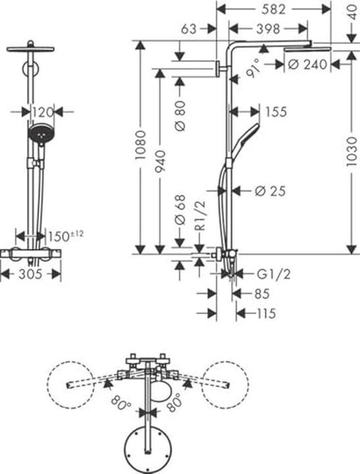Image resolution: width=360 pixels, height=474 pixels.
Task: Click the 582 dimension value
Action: click(273, 9)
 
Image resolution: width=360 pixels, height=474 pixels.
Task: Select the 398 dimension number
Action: click(268, 29)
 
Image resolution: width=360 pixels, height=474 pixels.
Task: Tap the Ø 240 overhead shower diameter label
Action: click(307, 65)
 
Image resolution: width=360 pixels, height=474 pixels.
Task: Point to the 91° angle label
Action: click(253, 68)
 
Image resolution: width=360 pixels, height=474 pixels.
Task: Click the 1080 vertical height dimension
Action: click(140, 145)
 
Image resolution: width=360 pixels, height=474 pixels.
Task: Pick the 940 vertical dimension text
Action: click(160, 161)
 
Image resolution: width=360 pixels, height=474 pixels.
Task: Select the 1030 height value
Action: click(351, 151)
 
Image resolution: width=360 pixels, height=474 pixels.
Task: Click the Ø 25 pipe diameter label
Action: click(270, 191)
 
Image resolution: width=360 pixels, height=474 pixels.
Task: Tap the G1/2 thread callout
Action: click(274, 274)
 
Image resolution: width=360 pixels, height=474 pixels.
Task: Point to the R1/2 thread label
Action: click(200, 216)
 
